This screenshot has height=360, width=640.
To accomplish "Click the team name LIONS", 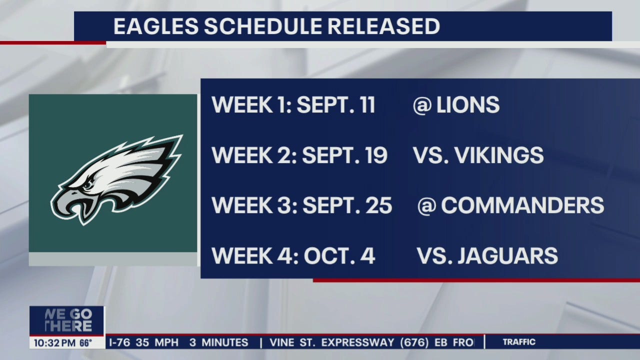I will [467, 105].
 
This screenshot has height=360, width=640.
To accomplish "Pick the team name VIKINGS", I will [499, 155].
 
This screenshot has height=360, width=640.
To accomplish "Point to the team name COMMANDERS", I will [522, 205].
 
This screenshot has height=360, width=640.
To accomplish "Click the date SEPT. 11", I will [335, 105].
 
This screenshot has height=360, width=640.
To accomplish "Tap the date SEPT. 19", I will [344, 155].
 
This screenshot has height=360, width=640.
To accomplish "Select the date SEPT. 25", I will [347, 205].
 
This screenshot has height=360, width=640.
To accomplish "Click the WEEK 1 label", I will [249, 105].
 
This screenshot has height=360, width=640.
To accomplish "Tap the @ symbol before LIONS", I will [422, 105].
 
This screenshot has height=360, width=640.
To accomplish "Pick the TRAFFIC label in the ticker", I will [518, 342].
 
